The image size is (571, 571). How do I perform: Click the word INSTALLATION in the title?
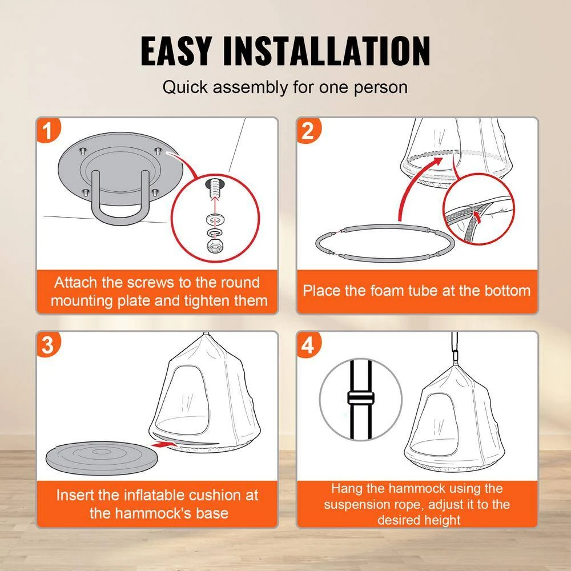(327, 51)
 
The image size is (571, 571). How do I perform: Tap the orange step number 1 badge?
(48, 130)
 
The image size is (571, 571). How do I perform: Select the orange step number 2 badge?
(308, 130)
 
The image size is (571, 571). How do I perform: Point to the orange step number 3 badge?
(48, 344)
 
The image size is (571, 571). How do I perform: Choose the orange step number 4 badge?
(308, 344)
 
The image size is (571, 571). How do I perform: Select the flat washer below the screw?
(215, 220)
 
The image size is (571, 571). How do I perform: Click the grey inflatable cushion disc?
(102, 458)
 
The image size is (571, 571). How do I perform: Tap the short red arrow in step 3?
(164, 444)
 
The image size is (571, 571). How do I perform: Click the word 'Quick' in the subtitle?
(184, 87)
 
